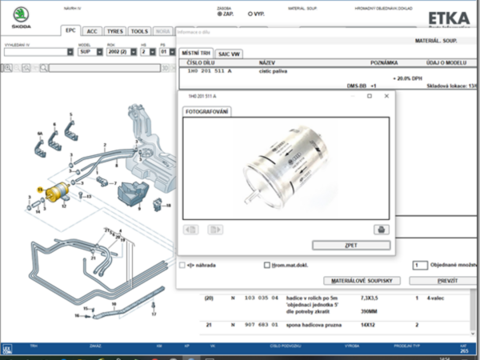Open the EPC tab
coord(71,30)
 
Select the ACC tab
coord(92,30)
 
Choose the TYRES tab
coord(116,30)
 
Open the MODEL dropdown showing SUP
coord(87,51)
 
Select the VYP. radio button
coord(250,14)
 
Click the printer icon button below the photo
coord(380,230)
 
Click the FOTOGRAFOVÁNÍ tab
coord(207,111)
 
